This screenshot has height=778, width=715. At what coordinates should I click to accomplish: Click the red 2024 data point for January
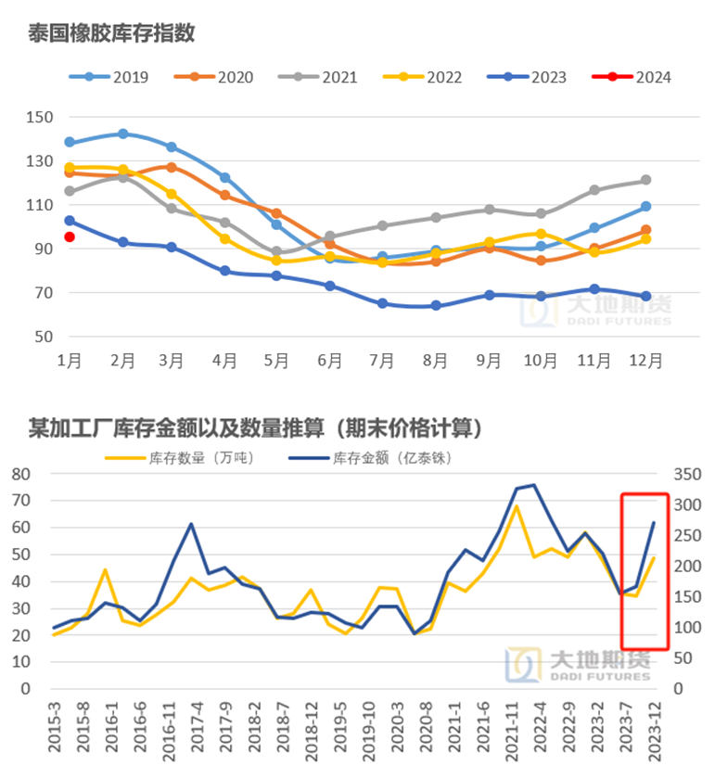pos(70,236)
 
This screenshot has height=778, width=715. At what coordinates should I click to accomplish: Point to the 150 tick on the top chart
pos(41,117)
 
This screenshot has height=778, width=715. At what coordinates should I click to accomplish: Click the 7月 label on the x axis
pos(383,361)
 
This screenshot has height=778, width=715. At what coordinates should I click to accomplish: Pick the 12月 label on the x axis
pos(645,361)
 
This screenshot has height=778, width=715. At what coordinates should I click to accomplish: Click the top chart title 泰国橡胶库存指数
pos(112,33)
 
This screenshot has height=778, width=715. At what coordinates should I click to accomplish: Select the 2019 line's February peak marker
pos(122,134)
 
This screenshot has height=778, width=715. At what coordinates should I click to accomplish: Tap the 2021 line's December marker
pos(645,180)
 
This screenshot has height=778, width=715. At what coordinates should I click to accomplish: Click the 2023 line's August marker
pos(436,305)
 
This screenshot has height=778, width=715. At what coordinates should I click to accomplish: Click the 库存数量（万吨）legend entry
pos(180,457)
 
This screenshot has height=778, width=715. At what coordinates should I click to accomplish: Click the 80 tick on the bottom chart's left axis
pos(20,474)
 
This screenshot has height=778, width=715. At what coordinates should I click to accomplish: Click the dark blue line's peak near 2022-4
pos(533,485)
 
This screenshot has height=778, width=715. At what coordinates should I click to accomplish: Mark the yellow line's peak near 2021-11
pos(517,505)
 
